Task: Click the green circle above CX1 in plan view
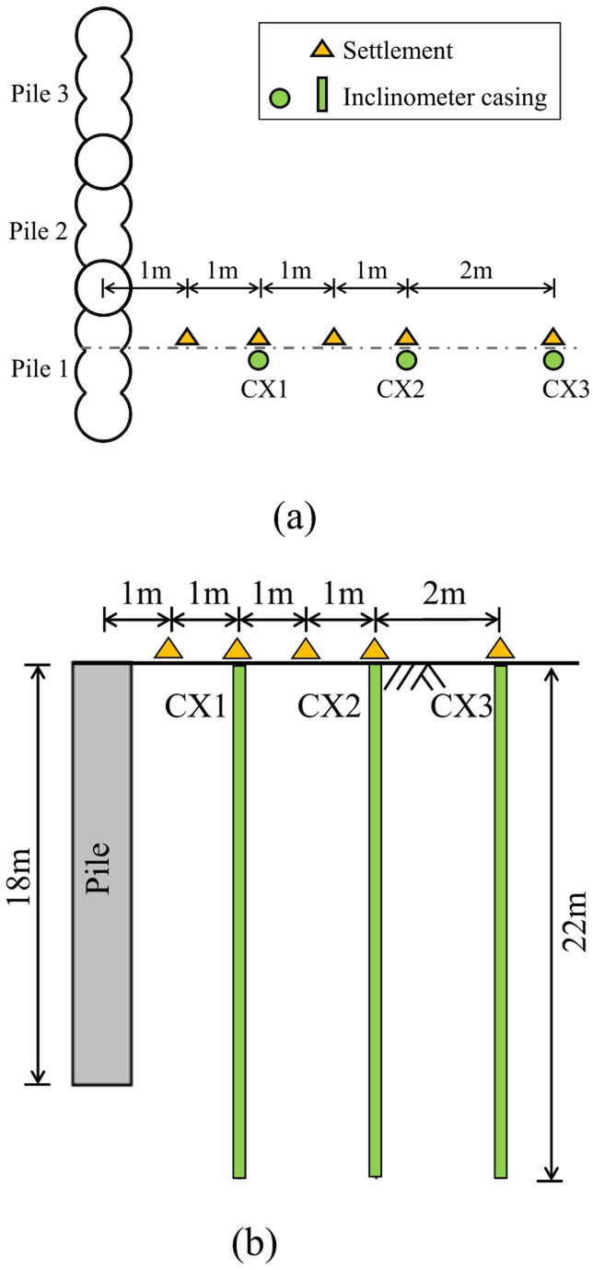click(259, 359)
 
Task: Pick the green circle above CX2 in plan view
click(406, 359)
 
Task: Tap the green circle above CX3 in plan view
click(552, 359)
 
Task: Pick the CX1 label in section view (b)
click(197, 706)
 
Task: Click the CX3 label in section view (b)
click(461, 706)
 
